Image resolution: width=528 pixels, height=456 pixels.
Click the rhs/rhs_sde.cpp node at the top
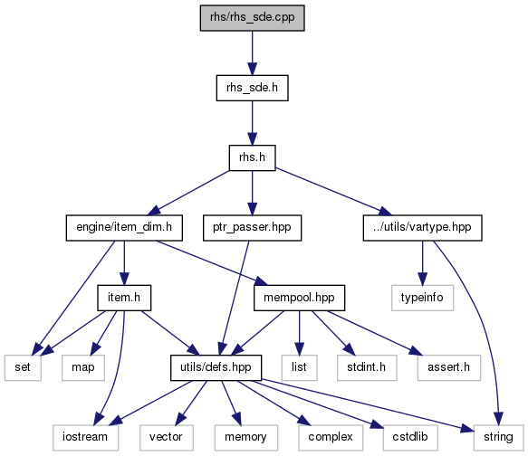click(252, 18)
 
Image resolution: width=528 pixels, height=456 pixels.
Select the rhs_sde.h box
click(252, 88)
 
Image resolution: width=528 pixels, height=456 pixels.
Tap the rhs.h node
click(252, 157)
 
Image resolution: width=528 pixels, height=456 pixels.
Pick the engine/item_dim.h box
click(124, 228)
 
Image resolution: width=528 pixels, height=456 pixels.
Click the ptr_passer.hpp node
click(252, 228)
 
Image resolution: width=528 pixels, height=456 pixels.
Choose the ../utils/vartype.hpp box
click(423, 228)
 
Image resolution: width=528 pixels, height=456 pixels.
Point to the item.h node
click(124, 298)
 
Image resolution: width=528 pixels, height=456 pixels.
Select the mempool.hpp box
click(300, 298)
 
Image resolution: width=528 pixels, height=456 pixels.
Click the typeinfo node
click(423, 298)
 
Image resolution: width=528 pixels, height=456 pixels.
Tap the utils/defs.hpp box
click(216, 368)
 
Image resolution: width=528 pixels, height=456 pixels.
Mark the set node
click(23, 368)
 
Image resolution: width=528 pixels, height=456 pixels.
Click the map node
click(83, 368)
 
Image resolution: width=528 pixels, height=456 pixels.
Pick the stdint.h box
click(367, 368)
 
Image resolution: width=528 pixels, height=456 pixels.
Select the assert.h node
click(449, 368)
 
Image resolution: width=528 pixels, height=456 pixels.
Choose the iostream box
click(85, 438)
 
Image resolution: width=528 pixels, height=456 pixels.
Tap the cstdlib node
click(410, 438)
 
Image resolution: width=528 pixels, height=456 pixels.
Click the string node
click(498, 438)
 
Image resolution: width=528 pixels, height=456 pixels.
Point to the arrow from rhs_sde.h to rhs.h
click(252, 123)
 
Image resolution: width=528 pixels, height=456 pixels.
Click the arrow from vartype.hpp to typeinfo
click(423, 263)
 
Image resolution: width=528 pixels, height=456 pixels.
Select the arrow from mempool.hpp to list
click(300, 333)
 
